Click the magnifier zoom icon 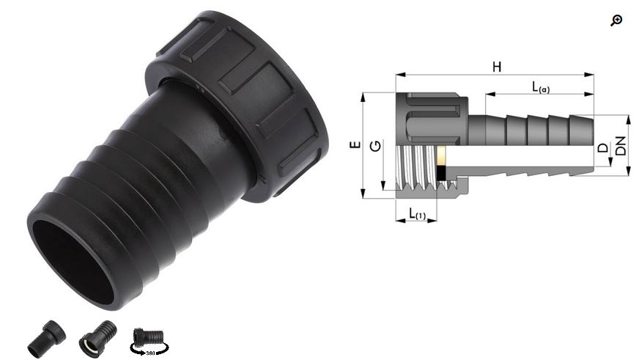[x=616, y=20]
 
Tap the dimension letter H [x=497, y=67]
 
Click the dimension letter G [x=375, y=146]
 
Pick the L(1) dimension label [x=417, y=214]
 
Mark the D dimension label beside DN [x=603, y=147]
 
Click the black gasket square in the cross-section [x=441, y=173]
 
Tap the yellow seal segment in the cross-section [x=441, y=155]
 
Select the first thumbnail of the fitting [x=46, y=338]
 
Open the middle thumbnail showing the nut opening [x=97, y=338]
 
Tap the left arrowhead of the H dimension [x=398, y=74]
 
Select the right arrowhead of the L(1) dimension [x=434, y=220]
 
